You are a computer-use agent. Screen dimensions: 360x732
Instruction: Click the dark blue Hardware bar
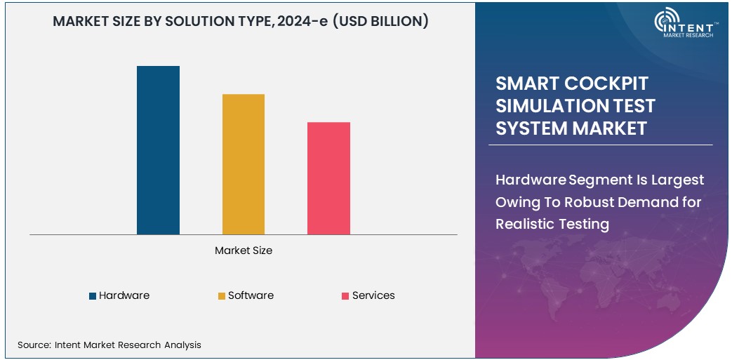tap(158, 150)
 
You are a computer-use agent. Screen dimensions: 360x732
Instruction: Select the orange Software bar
tap(244, 164)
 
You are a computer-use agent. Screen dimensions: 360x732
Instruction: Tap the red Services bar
tap(328, 178)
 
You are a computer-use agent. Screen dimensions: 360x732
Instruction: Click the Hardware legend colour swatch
tap(93, 296)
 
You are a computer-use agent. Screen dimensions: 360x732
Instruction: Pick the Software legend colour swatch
tap(222, 296)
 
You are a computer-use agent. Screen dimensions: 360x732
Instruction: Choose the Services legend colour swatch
tap(345, 296)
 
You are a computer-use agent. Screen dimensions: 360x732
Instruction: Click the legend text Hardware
tap(124, 295)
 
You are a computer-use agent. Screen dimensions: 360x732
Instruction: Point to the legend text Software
tap(251, 295)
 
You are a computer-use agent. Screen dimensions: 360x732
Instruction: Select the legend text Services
tap(373, 295)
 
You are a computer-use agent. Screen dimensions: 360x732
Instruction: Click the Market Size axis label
tap(244, 251)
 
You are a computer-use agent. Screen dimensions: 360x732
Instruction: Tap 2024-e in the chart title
tap(302, 21)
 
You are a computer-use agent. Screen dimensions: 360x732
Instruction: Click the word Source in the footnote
tap(33, 345)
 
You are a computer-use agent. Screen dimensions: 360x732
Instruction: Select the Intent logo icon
tap(665, 21)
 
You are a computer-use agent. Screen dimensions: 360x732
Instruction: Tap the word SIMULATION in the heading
tap(540, 106)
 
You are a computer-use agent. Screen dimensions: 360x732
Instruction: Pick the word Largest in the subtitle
tap(677, 180)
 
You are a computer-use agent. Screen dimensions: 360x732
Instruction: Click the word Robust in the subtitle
tap(580, 202)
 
